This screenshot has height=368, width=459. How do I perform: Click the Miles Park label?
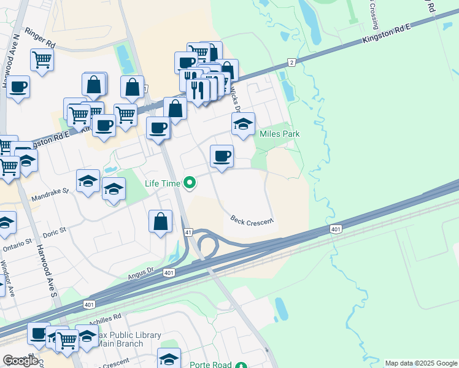point(279,134)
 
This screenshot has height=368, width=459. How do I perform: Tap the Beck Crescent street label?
point(252,220)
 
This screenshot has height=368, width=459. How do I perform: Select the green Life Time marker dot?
point(190,182)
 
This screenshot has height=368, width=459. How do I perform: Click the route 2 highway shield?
point(291,63)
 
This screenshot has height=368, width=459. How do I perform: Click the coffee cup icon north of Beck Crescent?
point(222,156)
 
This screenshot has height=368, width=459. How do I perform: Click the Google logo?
point(21,361)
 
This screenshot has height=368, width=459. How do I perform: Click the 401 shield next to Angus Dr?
point(169,272)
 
